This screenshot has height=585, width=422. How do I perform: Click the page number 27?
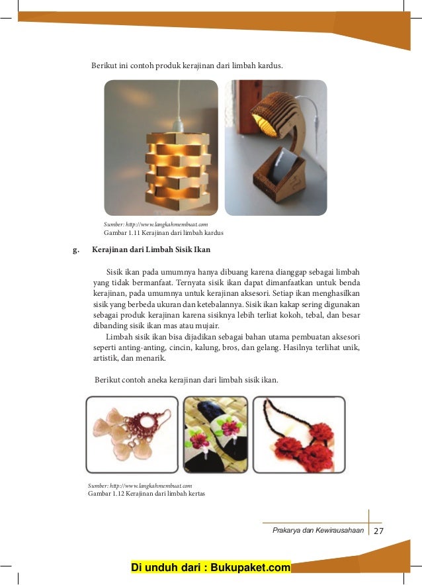(378, 531)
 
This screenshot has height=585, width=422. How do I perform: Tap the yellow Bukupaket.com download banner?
(211, 568)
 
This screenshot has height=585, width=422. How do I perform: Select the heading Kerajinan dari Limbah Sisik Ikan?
(151, 249)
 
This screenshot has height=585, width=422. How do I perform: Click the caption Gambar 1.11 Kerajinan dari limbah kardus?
(163, 234)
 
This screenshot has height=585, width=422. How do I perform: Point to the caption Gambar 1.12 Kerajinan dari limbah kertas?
(146, 493)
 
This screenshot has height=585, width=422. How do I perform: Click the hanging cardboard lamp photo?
(161, 148)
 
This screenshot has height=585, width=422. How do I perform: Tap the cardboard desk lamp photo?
(276, 148)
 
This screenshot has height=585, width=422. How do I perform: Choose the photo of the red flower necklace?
(299, 434)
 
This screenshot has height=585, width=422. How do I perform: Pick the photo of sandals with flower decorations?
(215, 434)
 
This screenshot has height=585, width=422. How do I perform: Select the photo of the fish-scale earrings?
(132, 434)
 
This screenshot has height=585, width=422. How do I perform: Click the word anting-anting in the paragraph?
(139, 347)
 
